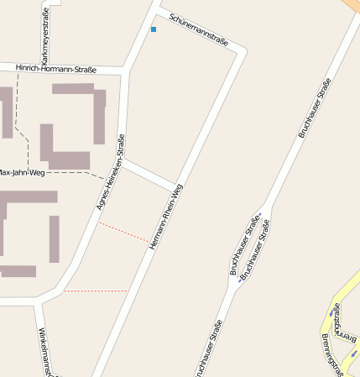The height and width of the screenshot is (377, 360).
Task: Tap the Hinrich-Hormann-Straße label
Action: pyautogui.click(x=56, y=69)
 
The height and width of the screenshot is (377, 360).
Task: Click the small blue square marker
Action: pyautogui.click(x=154, y=29)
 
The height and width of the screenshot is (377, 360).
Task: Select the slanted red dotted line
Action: pyautogui.click(x=123, y=232)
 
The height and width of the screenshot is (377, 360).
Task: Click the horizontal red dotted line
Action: pyautogui.click(x=95, y=291)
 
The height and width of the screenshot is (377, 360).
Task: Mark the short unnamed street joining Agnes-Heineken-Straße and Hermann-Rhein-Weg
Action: pyautogui.click(x=149, y=175)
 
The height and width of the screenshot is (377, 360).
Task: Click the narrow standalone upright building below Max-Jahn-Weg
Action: pyautogui.click(x=54, y=238)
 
